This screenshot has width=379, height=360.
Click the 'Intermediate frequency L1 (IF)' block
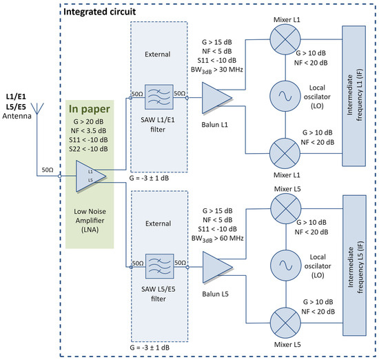pos(356,96)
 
